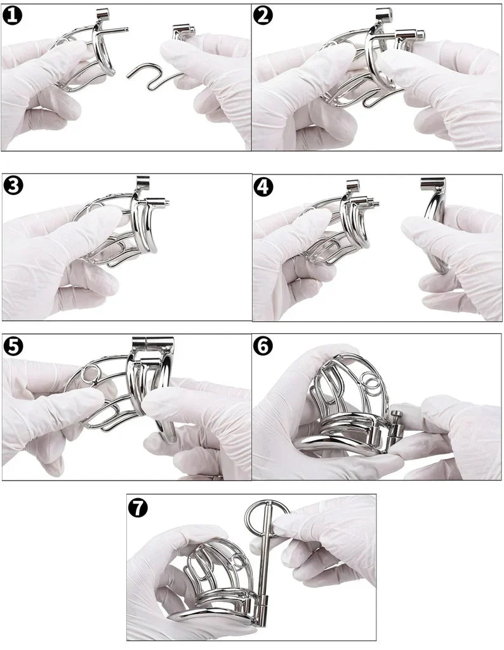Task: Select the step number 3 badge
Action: click(x=13, y=185)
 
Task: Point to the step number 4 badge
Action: click(x=263, y=186)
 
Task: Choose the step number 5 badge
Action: click(x=13, y=346)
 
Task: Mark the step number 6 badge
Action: click(x=263, y=346)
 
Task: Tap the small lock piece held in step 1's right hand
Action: click(x=183, y=30)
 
